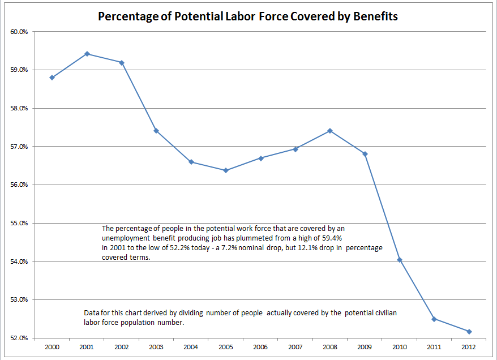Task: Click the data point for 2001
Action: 87,54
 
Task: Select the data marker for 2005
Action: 226,170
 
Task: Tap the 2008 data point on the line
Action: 330,131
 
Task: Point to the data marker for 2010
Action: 400,260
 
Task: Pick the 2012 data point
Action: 469,332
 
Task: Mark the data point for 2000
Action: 52,78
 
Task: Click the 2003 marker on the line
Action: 156,131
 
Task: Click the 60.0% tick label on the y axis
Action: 20,32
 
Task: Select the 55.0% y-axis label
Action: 20,223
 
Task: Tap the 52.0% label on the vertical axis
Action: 20,338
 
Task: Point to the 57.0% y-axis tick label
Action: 20,147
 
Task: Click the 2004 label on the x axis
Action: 191,346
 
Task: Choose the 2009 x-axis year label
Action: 365,346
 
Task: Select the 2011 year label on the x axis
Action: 434,346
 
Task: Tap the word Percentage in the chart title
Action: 125,16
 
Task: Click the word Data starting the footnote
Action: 91,312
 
